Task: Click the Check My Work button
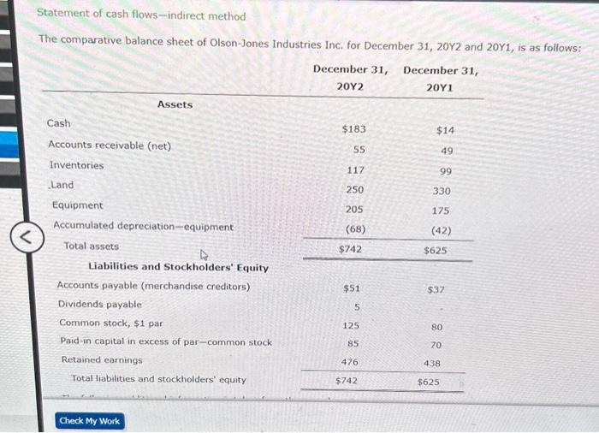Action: point(90,421)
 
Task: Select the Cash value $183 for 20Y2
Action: point(353,129)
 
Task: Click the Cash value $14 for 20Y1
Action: point(445,130)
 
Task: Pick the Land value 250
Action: point(354,189)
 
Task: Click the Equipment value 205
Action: point(354,210)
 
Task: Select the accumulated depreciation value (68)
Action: point(354,229)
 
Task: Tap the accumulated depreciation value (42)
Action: point(442,230)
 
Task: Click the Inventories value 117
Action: point(354,169)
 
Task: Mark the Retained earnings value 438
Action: point(432,363)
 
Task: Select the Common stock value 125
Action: point(351,326)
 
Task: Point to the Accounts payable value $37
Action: point(436,290)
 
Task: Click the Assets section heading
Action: point(175,104)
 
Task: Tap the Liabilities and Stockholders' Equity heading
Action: point(178,268)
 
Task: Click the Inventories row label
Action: point(76,165)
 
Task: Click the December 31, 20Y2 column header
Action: point(349,78)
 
